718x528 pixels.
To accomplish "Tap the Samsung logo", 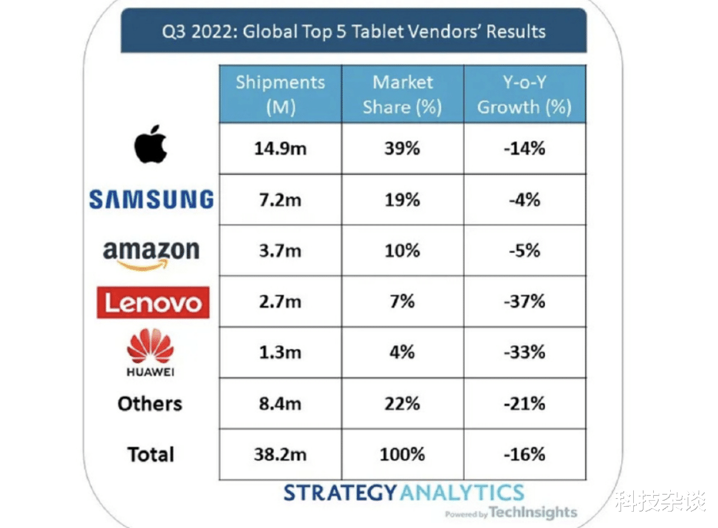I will tap(151, 199).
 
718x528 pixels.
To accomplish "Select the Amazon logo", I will tap(151, 253).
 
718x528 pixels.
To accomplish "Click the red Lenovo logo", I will tap(153, 302).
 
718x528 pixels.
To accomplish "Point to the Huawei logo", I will tap(151, 352).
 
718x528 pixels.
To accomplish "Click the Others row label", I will tap(150, 404).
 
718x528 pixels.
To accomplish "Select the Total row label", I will tap(151, 454).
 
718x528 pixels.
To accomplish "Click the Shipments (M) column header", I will tap(280, 95).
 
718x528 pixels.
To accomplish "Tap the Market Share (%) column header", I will tap(403, 95).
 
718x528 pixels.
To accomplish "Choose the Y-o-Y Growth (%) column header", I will tap(524, 95).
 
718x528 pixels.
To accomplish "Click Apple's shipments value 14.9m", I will tap(280, 149).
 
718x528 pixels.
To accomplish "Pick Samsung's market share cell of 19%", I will tap(402, 199).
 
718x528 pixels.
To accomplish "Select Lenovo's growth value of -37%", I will tap(524, 301).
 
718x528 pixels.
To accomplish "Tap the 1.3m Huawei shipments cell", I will tap(280, 352).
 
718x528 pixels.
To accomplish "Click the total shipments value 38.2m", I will tap(280, 454).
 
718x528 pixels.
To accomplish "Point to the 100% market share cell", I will tap(402, 454).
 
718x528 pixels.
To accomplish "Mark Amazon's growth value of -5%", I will tap(524, 250).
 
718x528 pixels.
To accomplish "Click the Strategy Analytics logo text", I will tap(404, 492).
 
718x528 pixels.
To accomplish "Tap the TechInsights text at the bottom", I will tap(533, 512).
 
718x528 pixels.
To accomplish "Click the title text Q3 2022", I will tap(197, 31).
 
